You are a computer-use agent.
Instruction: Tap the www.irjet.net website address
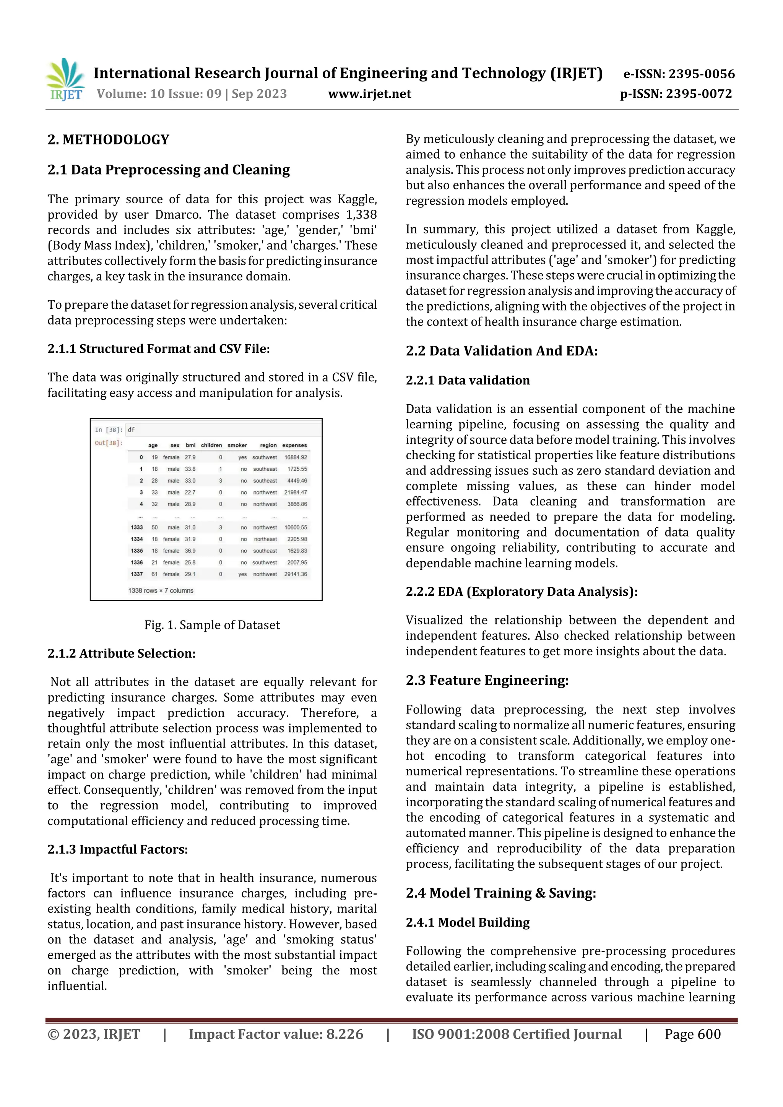(370, 94)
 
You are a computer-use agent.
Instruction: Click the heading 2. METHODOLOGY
(108, 140)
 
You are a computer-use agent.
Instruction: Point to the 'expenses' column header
(294, 445)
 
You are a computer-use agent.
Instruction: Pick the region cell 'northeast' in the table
(265, 539)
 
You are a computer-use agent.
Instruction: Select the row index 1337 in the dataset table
(136, 574)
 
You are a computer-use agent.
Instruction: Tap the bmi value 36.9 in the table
(190, 551)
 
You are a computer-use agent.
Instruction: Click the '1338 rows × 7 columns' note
(161, 591)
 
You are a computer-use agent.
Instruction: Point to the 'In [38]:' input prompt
(109, 430)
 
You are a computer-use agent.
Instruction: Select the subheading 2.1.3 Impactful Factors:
(118, 849)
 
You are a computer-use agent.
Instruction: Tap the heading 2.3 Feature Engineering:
(487, 680)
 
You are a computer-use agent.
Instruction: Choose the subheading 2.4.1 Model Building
(468, 922)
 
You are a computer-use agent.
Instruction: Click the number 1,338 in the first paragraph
(361, 214)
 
